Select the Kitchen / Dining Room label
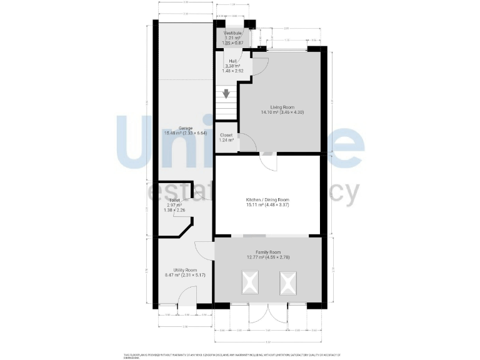click(x=267, y=199)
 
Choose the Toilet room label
click(x=173, y=200)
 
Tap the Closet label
click(x=226, y=134)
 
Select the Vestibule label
click(x=233, y=32)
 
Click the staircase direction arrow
click(x=226, y=94)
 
